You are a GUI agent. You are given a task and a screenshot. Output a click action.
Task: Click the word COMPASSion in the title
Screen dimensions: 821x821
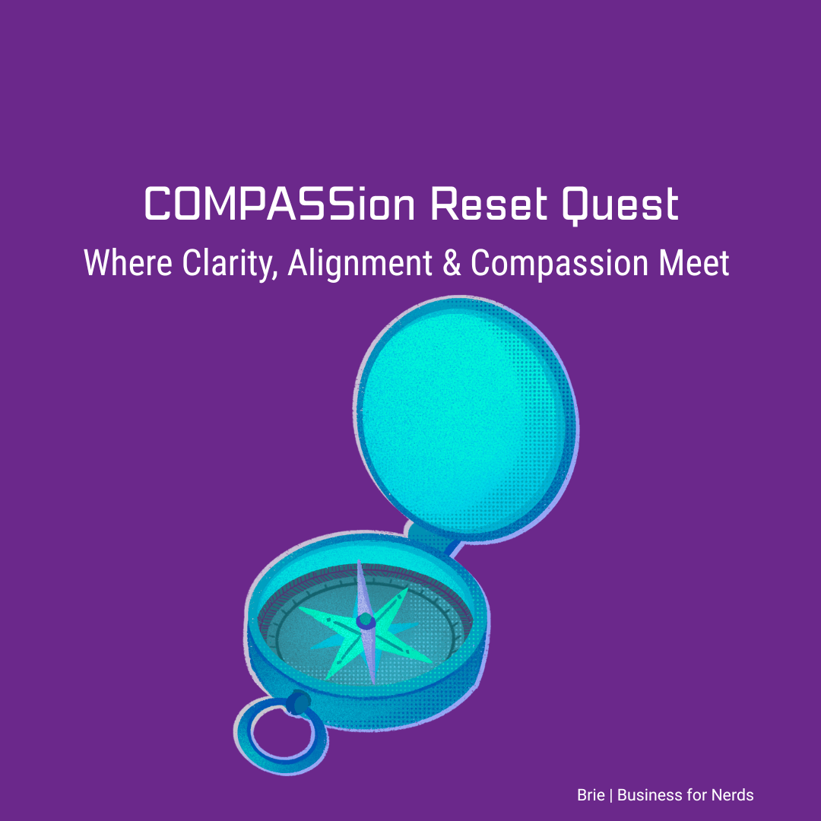click(280, 203)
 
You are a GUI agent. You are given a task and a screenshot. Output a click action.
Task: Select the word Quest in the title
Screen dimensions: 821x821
click(620, 204)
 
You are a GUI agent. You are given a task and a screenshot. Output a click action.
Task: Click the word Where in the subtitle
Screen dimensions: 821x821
click(128, 262)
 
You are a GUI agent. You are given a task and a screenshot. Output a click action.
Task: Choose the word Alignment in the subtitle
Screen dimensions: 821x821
click(360, 264)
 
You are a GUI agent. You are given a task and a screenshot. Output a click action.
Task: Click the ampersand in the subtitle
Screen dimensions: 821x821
click(452, 263)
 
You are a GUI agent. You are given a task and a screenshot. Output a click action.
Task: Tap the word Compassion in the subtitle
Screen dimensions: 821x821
click(559, 264)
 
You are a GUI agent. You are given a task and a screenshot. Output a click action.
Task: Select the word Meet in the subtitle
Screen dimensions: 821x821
click(694, 262)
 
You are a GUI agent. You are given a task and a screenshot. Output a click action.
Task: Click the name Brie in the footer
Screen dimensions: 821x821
click(591, 795)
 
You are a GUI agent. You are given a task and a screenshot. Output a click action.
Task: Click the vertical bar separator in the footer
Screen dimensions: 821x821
click(611, 795)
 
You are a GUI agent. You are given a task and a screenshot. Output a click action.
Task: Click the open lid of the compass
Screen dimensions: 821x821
click(466, 418)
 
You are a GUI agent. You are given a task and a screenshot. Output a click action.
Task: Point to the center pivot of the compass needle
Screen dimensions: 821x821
click(365, 621)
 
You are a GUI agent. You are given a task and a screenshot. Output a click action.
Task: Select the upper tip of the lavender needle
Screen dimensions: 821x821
click(360, 561)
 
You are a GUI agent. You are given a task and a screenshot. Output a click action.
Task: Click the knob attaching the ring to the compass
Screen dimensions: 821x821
click(298, 702)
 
